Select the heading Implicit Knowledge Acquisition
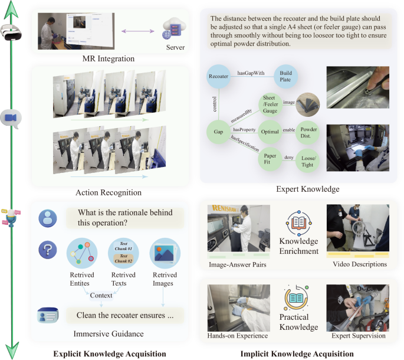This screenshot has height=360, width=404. pos(297,354)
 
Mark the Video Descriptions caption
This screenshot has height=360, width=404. pos(360,265)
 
